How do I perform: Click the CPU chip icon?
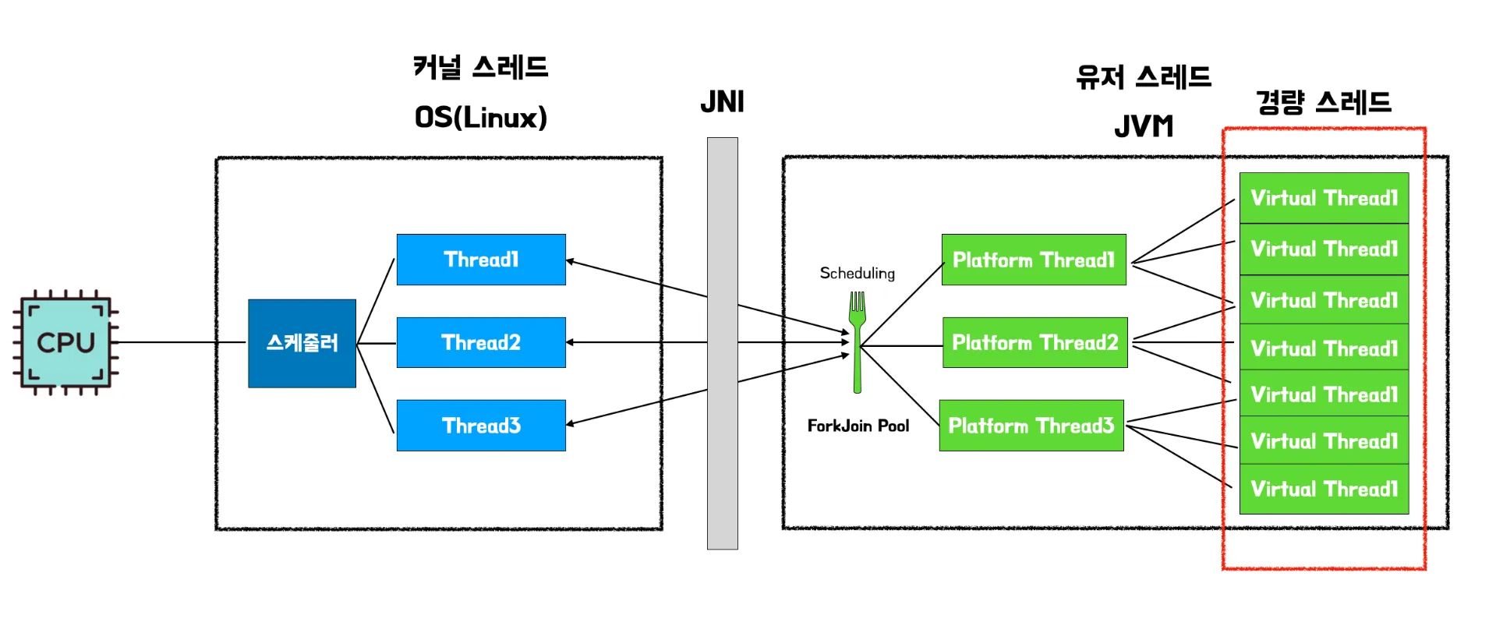65,342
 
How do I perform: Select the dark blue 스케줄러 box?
302,343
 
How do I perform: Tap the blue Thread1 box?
481,260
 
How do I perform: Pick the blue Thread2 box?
481,342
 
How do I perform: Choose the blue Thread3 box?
481,426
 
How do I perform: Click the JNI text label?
722,102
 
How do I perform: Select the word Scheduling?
857,273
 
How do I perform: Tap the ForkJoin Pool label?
858,426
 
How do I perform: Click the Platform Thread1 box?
1034,260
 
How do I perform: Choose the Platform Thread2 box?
1034,342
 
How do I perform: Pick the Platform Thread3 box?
1031,426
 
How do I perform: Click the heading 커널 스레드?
480,67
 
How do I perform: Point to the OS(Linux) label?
480,118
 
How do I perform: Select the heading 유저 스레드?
1143,77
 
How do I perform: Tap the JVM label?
1143,126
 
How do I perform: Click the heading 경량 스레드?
1323,102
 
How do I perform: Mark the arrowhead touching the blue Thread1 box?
571,261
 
